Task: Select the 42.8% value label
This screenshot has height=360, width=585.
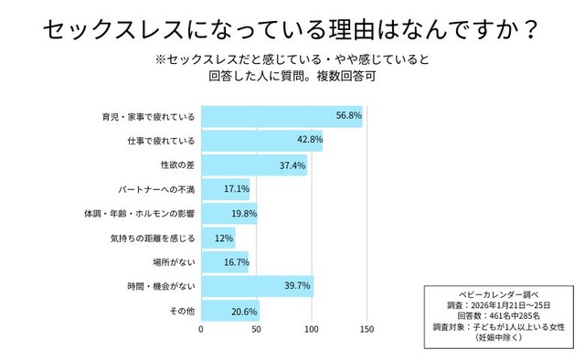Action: coord(309,140)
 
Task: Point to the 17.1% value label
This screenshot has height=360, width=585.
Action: coord(237,189)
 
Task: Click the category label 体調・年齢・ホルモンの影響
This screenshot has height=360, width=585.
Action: coord(137,214)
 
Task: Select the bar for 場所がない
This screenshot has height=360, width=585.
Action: coord(224,262)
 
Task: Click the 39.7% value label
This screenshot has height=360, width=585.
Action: coord(298,287)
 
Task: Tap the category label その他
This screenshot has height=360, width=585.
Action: coord(183,312)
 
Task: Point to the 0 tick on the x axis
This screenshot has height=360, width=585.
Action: coord(201,330)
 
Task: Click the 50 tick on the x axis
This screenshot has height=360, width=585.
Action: coord(257,330)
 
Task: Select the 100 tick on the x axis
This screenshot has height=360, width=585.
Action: coord(313,330)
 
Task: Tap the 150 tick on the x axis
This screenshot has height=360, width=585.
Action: coord(368,330)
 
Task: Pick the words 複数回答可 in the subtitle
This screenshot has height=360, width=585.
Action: coord(347,78)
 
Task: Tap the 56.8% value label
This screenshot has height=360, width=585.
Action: coord(349,116)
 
